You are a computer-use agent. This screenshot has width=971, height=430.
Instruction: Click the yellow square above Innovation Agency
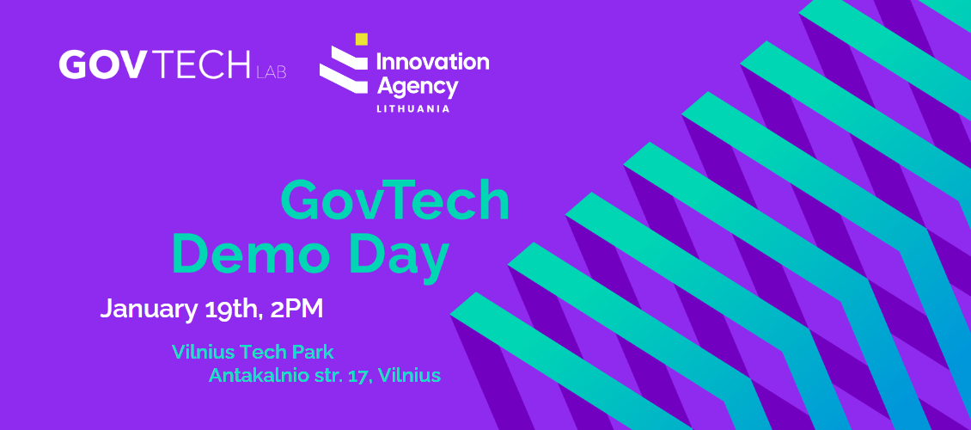(361, 39)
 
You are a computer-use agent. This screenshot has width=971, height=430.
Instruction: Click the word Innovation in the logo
(432, 61)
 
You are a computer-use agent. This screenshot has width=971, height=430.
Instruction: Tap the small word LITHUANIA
(412, 109)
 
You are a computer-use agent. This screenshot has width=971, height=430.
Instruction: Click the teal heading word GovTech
(395, 201)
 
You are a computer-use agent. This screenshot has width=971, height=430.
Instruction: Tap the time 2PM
(296, 309)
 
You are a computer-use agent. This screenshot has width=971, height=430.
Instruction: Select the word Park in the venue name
(311, 352)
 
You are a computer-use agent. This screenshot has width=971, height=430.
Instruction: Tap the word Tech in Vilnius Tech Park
(261, 352)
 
